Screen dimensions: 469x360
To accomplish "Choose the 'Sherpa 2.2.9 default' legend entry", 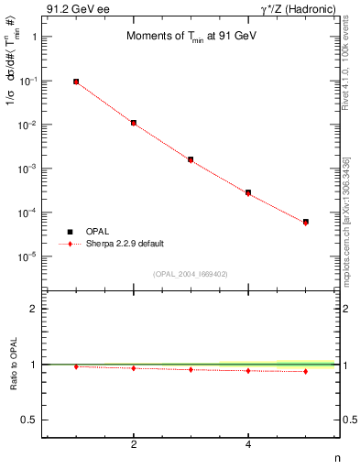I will pos(126,244).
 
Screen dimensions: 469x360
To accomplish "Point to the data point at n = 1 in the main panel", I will pos(76,82).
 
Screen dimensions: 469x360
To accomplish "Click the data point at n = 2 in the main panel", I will pos(134,123).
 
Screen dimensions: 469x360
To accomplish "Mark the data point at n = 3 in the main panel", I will pos(191,159).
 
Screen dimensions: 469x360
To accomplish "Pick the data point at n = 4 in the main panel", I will pos(248,192).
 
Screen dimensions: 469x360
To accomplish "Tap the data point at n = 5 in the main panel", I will pos(306,222).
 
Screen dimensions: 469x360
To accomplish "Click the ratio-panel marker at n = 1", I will pos(76,366).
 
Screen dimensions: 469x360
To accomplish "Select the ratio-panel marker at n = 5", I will pos(306,371).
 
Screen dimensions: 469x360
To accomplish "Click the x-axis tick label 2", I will pos(134,444).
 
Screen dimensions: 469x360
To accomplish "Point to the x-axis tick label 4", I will pos(248,444).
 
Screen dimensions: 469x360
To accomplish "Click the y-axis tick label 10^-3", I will pos(28,169).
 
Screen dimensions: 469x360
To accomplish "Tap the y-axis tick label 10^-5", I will pos(28,257).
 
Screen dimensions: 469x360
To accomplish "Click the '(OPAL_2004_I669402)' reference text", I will pos(191,273).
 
